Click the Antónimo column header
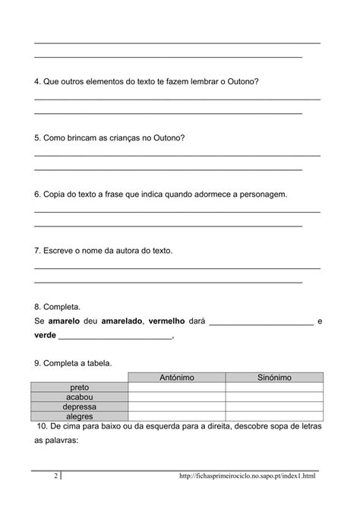(177, 378)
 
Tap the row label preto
(80, 387)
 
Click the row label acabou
(80, 397)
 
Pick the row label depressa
(80, 407)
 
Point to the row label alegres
(80, 416)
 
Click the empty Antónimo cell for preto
(177, 387)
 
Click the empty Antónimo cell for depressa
(177, 407)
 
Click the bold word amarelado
(122, 321)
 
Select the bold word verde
(46, 335)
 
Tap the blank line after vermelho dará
(261, 324)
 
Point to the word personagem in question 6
(263, 194)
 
